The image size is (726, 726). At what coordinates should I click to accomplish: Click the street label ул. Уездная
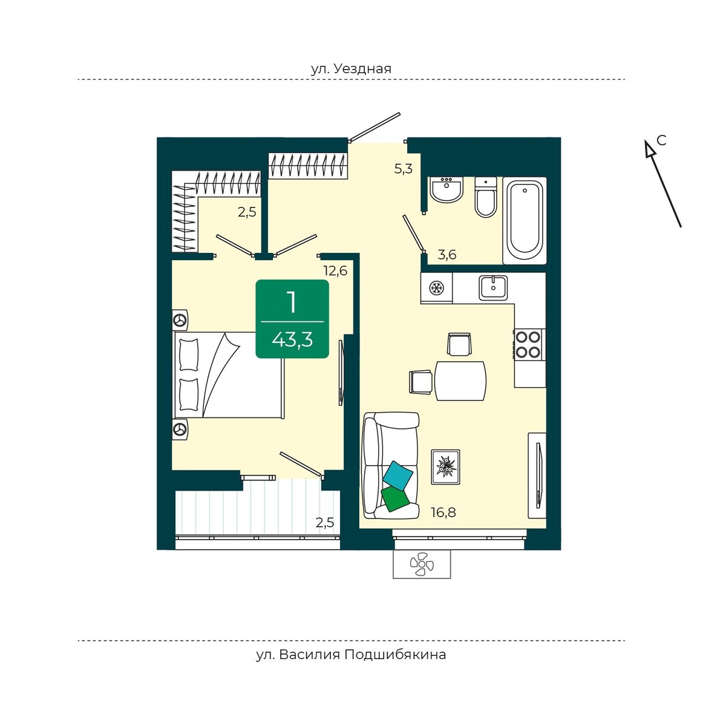click(x=351, y=68)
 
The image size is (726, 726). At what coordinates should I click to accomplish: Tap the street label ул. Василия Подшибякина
click(x=351, y=655)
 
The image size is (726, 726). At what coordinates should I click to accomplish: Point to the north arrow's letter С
click(x=661, y=140)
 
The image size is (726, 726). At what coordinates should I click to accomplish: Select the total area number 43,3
click(x=292, y=340)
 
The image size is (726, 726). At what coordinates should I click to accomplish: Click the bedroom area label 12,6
click(x=335, y=270)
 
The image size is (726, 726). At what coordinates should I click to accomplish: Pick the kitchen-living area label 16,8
click(x=443, y=513)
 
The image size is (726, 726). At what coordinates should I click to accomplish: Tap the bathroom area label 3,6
click(x=446, y=255)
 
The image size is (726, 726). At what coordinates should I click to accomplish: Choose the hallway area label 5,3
click(x=404, y=169)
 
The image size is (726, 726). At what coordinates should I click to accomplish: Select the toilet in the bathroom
click(x=486, y=197)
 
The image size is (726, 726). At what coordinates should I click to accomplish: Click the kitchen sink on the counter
click(x=493, y=287)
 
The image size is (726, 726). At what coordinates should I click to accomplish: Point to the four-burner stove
click(x=529, y=344)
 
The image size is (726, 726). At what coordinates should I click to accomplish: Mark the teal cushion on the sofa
click(x=398, y=475)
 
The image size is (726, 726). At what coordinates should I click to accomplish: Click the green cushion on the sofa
click(x=394, y=498)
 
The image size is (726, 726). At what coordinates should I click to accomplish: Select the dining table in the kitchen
click(x=460, y=381)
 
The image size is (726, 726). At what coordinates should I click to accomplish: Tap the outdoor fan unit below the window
click(x=422, y=564)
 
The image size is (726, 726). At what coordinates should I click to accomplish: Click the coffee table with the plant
click(x=445, y=466)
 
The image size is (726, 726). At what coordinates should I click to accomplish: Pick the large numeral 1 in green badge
click(x=292, y=302)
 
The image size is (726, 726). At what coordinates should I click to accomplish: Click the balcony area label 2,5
click(x=325, y=522)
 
